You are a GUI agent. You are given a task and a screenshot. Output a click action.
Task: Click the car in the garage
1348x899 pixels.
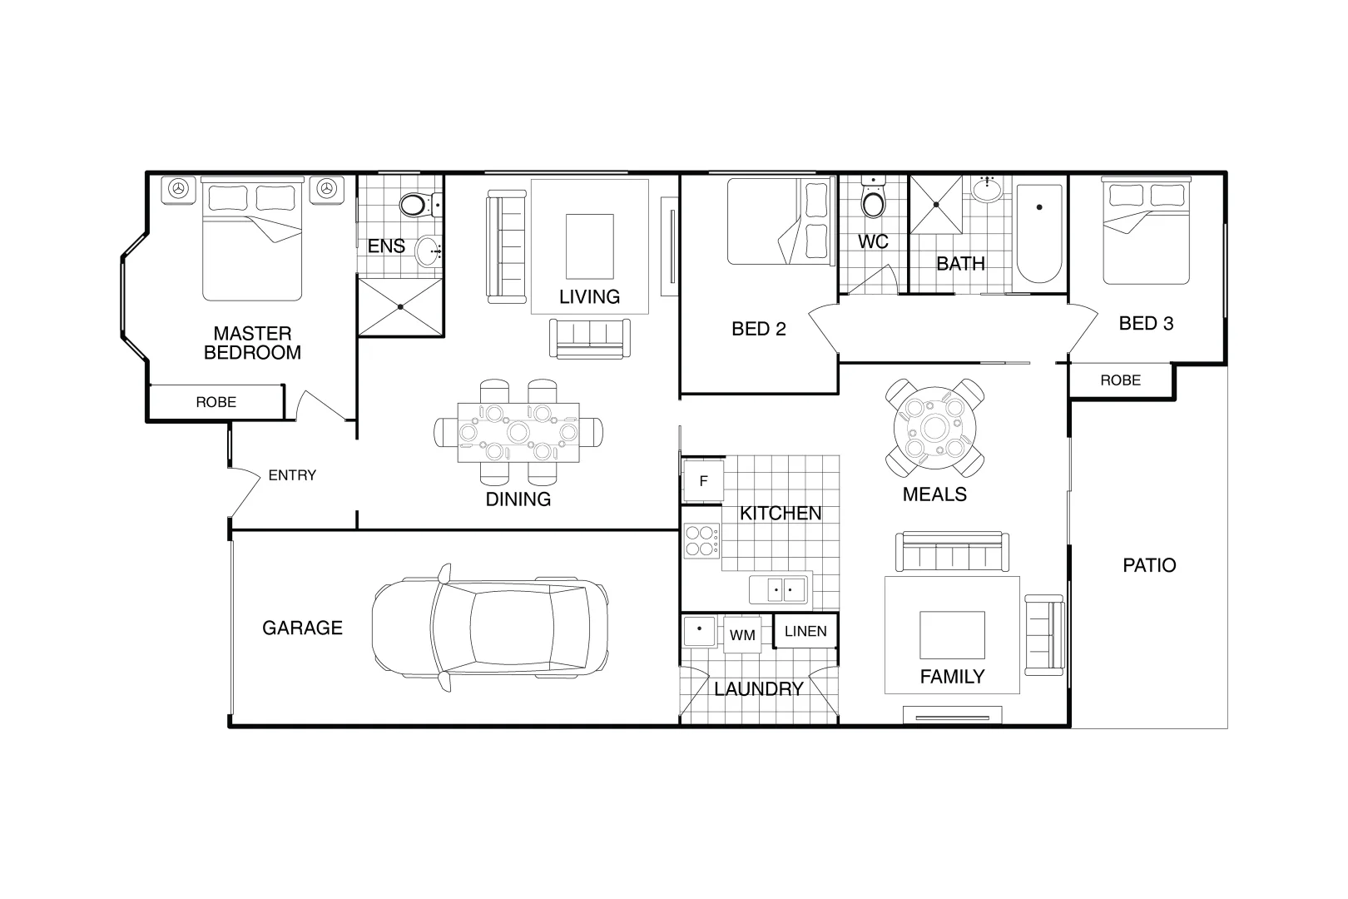click(490, 628)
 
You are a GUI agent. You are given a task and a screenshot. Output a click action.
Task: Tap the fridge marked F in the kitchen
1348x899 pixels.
click(703, 481)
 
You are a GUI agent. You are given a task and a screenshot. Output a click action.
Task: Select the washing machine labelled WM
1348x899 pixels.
click(742, 634)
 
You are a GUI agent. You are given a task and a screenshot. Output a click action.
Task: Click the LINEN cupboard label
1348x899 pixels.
click(805, 631)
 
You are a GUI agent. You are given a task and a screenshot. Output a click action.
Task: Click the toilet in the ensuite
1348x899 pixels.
click(420, 205)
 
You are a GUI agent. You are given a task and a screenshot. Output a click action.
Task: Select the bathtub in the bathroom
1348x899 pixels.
click(1039, 234)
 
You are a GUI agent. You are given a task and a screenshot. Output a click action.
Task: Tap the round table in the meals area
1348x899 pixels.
click(934, 428)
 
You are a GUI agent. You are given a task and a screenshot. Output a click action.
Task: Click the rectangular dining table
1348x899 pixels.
click(518, 432)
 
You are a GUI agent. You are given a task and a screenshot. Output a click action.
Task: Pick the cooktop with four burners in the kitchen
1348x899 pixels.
click(701, 540)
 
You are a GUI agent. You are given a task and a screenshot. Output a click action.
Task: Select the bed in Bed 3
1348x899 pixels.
click(1146, 231)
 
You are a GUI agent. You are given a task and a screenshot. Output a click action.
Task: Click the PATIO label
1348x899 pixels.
click(1149, 565)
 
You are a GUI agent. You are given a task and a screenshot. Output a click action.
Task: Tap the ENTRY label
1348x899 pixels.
click(292, 475)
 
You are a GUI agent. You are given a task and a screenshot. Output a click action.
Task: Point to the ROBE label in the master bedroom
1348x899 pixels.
click(216, 401)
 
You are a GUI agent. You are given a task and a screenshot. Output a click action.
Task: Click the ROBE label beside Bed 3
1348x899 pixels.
click(1121, 380)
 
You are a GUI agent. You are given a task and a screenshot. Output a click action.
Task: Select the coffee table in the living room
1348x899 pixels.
click(590, 246)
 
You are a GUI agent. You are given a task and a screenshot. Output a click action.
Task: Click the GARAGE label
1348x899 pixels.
click(302, 628)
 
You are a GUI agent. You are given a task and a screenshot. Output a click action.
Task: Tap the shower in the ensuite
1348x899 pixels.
click(400, 306)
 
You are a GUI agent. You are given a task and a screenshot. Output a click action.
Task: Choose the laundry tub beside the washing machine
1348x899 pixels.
click(699, 630)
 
